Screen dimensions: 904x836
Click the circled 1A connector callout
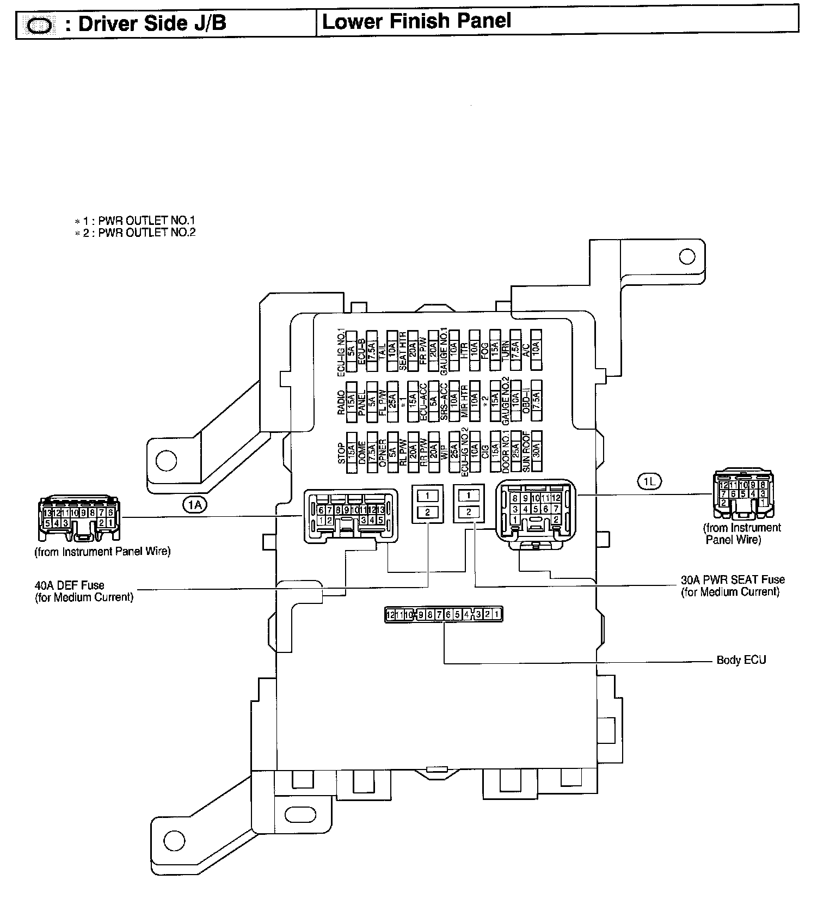tap(194, 505)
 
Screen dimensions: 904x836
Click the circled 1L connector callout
tap(649, 481)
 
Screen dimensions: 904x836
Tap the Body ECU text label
tap(741, 660)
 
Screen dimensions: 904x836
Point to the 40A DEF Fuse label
tap(70, 586)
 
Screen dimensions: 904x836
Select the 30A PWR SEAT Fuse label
tap(733, 580)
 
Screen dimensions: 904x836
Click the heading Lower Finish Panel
tap(416, 21)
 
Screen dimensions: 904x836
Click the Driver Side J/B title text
tap(152, 24)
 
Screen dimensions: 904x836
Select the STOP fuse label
tap(342, 453)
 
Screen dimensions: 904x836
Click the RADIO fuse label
tap(342, 403)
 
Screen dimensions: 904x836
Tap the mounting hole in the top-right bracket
tap(687, 256)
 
